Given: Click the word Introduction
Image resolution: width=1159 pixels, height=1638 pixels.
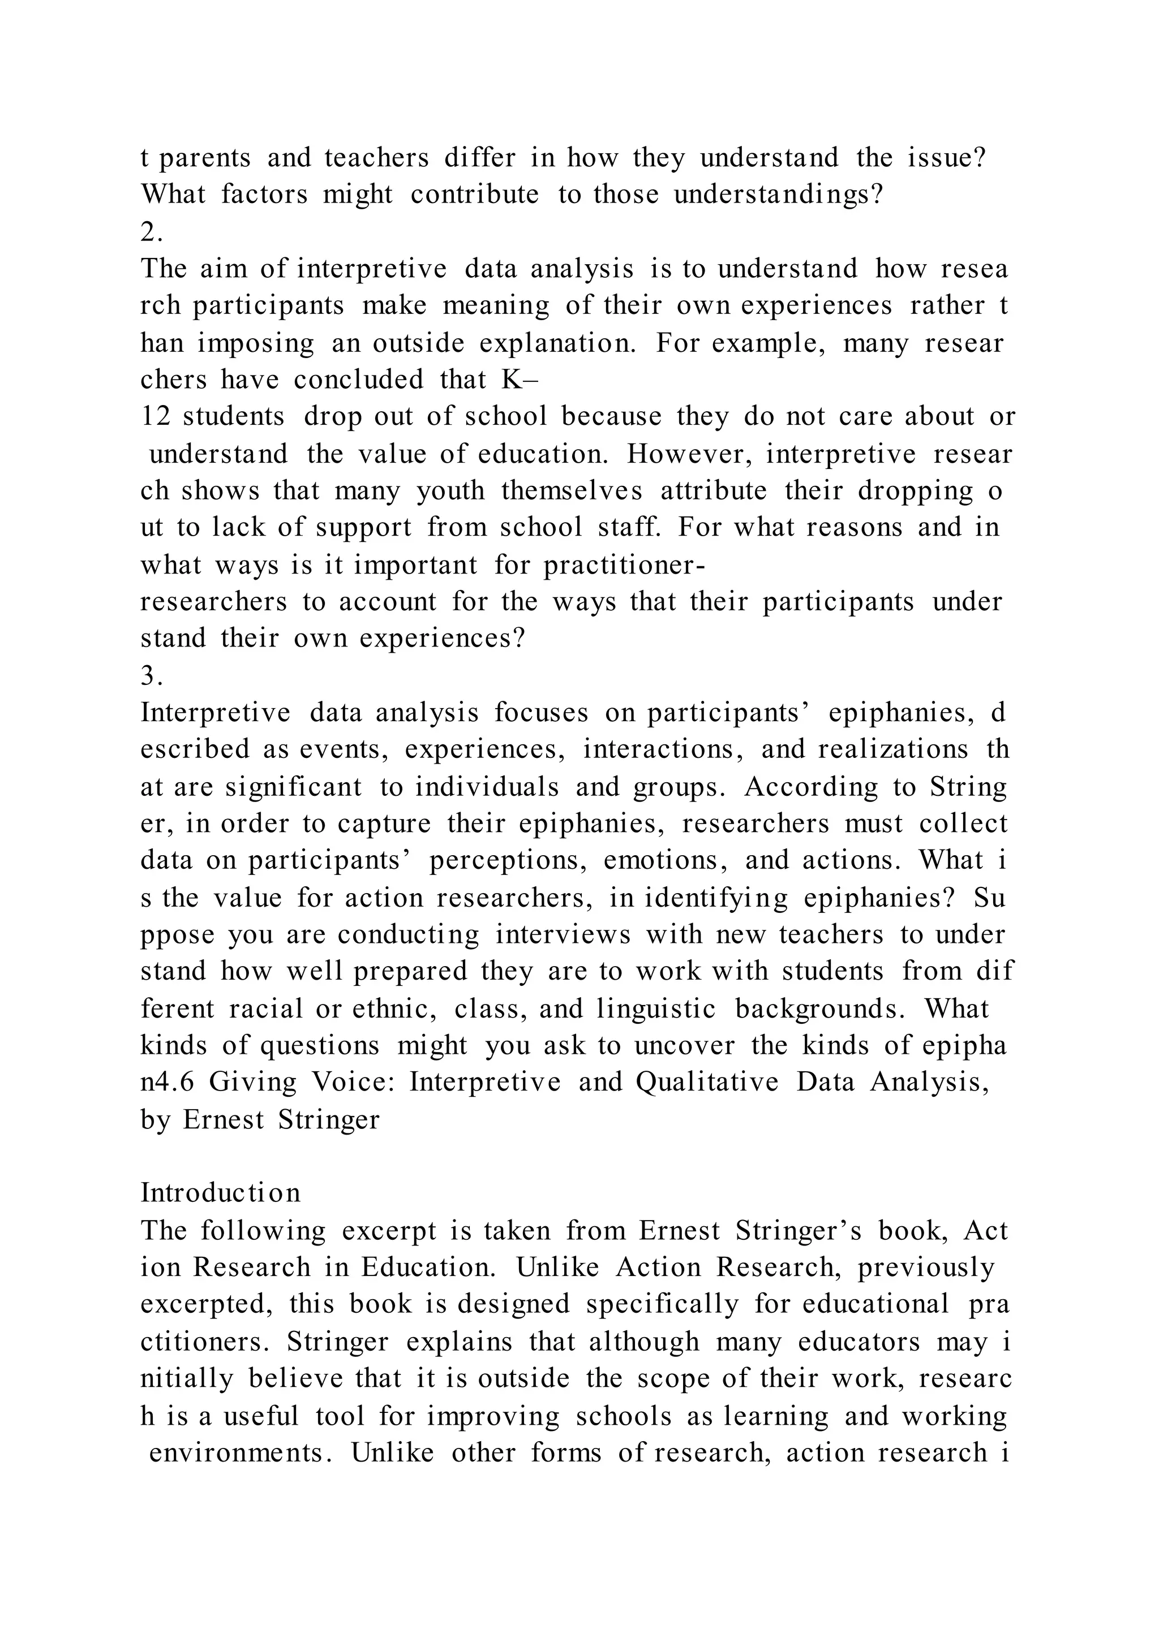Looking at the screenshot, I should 221,1193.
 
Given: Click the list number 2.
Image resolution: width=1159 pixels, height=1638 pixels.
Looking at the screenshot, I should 151,232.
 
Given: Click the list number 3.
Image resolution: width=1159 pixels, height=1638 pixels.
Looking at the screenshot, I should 151,675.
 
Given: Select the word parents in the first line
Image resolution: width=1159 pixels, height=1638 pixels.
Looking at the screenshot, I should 205,158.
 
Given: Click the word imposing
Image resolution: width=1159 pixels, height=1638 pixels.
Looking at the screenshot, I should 255,343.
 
